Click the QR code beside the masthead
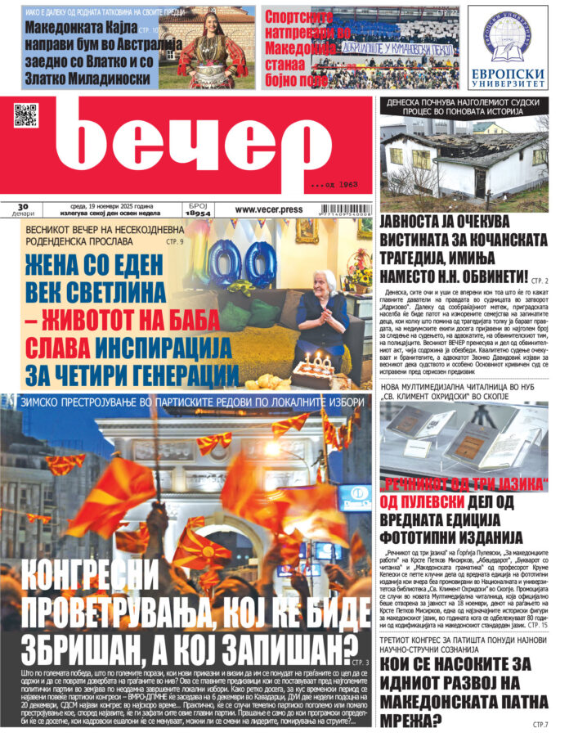26,115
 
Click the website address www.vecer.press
268,209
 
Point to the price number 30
23,206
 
